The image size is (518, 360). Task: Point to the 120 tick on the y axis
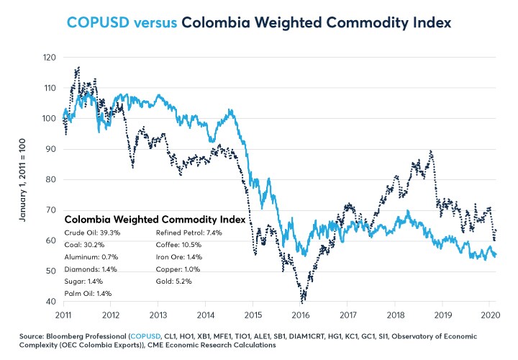coord(49,57)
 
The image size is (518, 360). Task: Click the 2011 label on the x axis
coord(63,314)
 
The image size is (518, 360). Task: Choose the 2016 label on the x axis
coord(300,314)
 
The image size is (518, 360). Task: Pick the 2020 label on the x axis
coord(489,314)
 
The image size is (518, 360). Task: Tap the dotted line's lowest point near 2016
coord(303,299)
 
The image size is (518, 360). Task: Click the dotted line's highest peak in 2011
coord(78,68)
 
